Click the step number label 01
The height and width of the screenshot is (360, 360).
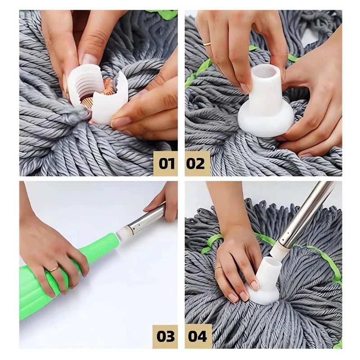(x=165, y=163)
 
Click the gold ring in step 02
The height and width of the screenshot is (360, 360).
(x=207, y=44)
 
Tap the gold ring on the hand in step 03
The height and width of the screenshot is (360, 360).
(x=54, y=269)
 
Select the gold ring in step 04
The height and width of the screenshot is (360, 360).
(x=218, y=268)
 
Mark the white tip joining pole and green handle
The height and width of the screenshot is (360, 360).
(x=124, y=233)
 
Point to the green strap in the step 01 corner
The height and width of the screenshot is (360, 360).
(x=164, y=14)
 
